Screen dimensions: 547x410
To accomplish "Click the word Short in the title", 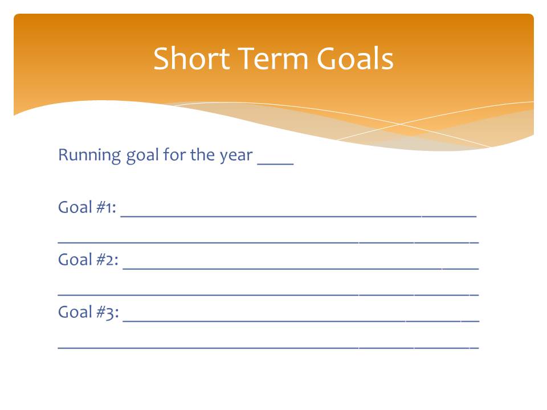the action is (x=191, y=58).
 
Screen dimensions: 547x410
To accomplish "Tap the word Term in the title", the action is (x=273, y=58).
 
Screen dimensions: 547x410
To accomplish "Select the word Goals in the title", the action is (x=355, y=58).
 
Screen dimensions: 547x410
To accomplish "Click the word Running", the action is (x=89, y=155).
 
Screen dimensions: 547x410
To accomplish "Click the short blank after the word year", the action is (x=276, y=163).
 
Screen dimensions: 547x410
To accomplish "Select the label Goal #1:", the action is (x=87, y=207).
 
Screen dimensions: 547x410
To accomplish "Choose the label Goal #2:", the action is (x=88, y=260).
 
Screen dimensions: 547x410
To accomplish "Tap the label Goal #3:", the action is (x=88, y=313).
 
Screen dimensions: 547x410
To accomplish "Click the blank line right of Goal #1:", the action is (x=299, y=216).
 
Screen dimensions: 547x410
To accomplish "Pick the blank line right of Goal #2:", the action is (x=301, y=269).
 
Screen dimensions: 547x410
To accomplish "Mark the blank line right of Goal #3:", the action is (x=301, y=321).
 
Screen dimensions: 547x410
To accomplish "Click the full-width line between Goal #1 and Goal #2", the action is (x=268, y=242).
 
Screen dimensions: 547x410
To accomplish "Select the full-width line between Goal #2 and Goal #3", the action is (x=268, y=295).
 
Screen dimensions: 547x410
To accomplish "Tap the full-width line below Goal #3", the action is (x=268, y=347).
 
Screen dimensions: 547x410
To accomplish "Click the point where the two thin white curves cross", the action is (x=401, y=124).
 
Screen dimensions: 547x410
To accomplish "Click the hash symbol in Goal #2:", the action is (x=101, y=260).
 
